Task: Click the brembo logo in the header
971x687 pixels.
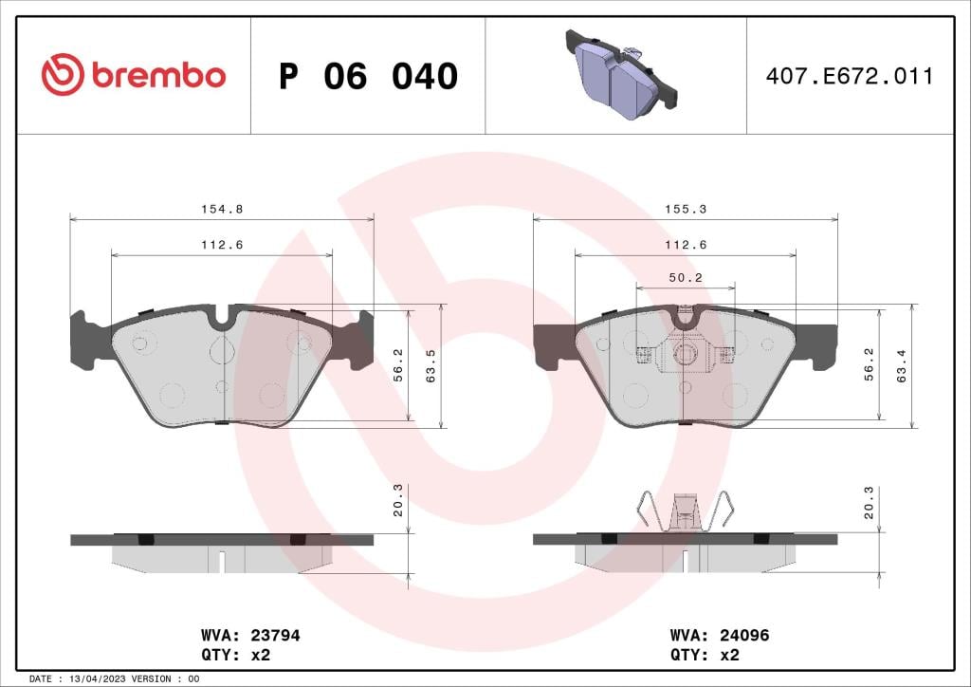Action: (x=134, y=75)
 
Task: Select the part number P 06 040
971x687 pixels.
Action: (x=368, y=77)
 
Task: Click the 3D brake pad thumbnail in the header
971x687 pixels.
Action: (x=621, y=75)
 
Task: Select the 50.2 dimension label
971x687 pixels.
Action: (x=686, y=277)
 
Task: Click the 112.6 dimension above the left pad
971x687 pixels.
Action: (x=222, y=245)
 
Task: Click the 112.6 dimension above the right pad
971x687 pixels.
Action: (x=686, y=245)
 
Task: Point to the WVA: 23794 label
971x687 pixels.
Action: (x=250, y=636)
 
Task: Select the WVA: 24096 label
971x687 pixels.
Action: (x=719, y=636)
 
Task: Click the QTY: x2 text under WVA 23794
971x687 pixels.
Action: (x=235, y=655)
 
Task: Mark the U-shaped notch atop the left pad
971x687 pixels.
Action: (x=223, y=318)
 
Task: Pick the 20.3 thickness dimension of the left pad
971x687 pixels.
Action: (x=398, y=501)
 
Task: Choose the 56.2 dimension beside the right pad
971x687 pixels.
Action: (x=870, y=365)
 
